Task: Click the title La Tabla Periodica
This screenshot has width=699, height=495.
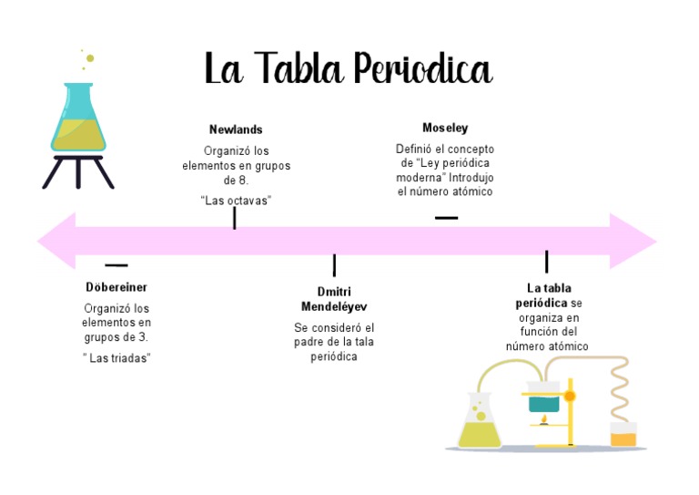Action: click(348, 70)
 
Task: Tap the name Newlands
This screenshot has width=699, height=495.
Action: click(236, 129)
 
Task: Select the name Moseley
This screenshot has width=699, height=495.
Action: click(445, 128)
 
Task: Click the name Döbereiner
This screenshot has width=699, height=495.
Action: click(116, 287)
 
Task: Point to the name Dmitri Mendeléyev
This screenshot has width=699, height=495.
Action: click(334, 299)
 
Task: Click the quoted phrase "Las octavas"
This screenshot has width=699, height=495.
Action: click(236, 201)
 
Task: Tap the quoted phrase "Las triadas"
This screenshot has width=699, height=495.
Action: click(116, 358)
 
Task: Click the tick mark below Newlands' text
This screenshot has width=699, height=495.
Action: click(235, 218)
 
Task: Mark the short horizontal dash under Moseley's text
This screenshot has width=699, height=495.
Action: click(446, 218)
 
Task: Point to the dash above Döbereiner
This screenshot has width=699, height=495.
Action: click(116, 265)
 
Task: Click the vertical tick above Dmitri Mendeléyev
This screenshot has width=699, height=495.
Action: click(334, 265)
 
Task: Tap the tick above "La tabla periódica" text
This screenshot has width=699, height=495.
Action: click(546, 262)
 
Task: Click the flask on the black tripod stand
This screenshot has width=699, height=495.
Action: click(77, 123)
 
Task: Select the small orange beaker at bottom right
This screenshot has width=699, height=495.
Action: click(623, 435)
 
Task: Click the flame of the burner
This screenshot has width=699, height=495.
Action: click(544, 420)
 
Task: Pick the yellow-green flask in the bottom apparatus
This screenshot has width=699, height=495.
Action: click(480, 424)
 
